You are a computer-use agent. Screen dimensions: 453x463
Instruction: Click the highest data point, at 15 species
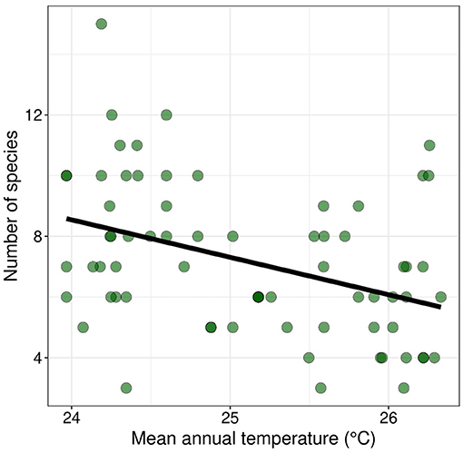click(102, 24)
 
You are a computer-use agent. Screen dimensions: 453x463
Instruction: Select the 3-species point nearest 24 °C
click(126, 388)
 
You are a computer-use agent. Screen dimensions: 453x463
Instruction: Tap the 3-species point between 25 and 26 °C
click(320, 388)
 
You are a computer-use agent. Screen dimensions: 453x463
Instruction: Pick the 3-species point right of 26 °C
click(404, 388)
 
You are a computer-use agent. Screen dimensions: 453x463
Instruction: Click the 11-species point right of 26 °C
click(429, 145)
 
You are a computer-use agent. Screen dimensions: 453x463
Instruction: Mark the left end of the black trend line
click(68, 219)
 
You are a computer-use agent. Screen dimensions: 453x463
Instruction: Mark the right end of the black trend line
click(440, 307)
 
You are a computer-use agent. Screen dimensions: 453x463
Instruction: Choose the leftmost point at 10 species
click(66, 175)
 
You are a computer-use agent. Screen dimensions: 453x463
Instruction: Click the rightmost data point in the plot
click(441, 297)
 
